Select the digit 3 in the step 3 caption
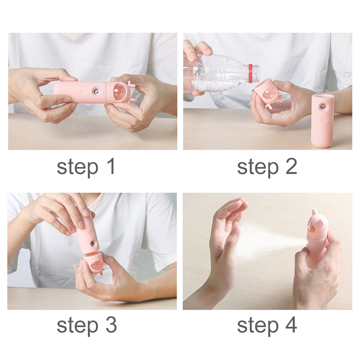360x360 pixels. click(x=111, y=325)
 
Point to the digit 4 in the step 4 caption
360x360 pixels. click(x=291, y=325)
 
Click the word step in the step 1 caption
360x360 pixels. click(x=77, y=168)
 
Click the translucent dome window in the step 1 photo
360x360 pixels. click(x=120, y=91)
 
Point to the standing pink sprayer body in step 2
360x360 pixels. click(x=322, y=121)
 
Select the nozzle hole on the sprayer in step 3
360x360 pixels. click(x=93, y=243)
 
